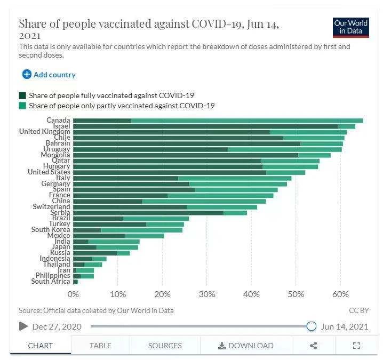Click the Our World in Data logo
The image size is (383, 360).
[x=350, y=27]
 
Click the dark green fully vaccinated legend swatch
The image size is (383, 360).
[x=22, y=95]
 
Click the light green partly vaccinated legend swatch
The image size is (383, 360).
[x=22, y=106]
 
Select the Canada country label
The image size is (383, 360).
[x=58, y=121]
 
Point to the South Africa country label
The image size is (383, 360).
[x=51, y=282]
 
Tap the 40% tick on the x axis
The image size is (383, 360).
[x=251, y=294]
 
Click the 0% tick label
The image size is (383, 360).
[x=73, y=294]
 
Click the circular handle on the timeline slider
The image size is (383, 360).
[x=312, y=326]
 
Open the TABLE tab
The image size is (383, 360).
[x=100, y=346]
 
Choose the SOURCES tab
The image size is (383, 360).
[x=165, y=346]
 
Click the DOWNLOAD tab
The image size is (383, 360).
[x=245, y=346]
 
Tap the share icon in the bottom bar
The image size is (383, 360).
[x=313, y=346]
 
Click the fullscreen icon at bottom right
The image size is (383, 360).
[x=357, y=346]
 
